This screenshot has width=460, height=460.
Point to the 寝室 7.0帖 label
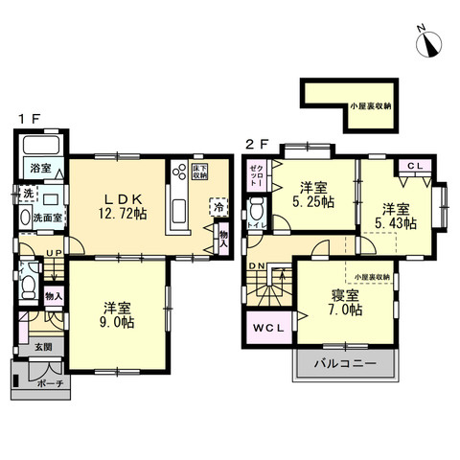click(x=343, y=303)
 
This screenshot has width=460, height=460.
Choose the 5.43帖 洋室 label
click(x=397, y=215)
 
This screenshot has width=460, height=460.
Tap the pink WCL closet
click(x=268, y=328)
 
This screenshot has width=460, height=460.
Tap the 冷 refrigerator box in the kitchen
click(x=218, y=206)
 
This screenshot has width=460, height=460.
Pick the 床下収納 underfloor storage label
click(x=199, y=172)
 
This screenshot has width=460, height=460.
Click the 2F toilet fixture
click(x=257, y=211)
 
